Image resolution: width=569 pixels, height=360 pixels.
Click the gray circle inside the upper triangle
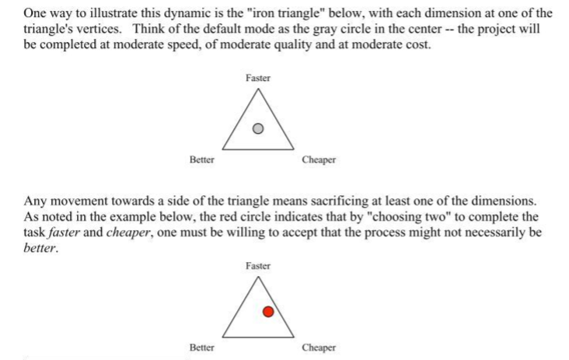click(259, 128)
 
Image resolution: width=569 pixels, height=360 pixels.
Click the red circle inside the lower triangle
click(267, 313)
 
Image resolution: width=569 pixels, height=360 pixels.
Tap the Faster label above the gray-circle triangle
click(258, 79)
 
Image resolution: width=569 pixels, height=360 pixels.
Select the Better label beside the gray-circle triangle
click(202, 160)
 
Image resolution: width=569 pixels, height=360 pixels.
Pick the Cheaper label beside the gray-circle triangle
click(319, 160)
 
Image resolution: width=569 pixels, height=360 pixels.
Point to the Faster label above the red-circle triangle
click(258, 266)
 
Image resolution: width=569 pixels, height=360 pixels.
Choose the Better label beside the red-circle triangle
click(202, 348)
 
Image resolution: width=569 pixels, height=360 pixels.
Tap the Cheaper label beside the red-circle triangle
click(319, 348)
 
